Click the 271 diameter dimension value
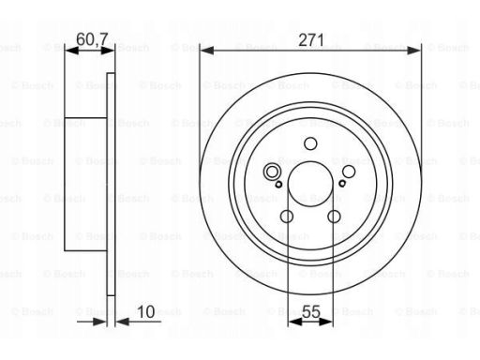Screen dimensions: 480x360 [311, 40]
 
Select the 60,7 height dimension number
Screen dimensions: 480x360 [92, 39]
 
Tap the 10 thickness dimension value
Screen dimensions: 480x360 [146, 312]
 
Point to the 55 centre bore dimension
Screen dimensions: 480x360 [311, 312]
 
